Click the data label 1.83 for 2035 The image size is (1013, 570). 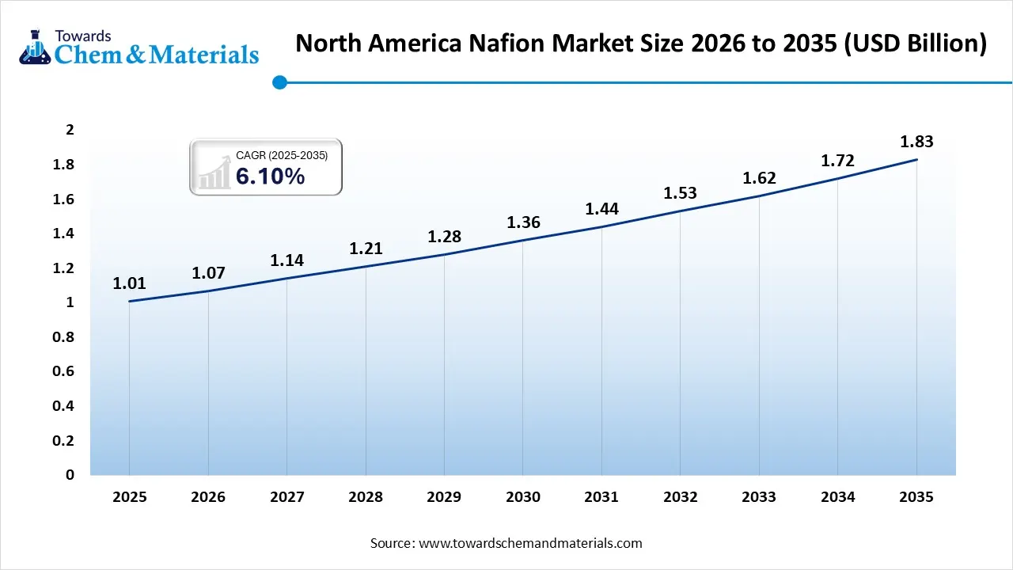(916, 142)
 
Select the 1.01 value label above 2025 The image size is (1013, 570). (129, 284)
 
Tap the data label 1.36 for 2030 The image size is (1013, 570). (523, 222)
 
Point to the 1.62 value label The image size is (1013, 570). (759, 178)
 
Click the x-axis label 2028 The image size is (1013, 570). (366, 497)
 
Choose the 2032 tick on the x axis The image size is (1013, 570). (681, 497)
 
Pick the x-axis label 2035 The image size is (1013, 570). (916, 497)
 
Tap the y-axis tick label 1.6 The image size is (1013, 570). (63, 199)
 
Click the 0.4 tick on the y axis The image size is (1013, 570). (63, 406)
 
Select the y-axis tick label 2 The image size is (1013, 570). (70, 131)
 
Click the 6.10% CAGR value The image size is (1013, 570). (270, 177)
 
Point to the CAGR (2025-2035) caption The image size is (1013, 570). (282, 156)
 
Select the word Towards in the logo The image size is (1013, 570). (83, 36)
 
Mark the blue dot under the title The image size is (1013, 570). (279, 82)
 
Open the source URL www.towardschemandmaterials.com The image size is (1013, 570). (530, 543)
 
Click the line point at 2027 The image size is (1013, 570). (286, 279)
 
